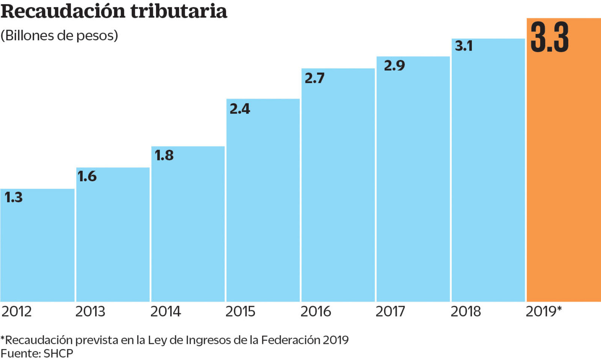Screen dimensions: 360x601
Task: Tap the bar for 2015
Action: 263,203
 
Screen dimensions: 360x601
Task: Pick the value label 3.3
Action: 550,38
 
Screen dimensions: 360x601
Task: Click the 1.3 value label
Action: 14,197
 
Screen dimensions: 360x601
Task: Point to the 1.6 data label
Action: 87,176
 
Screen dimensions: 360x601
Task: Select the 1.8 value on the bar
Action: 164,155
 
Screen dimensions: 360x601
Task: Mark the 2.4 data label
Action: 240,109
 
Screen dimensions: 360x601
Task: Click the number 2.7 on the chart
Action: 314,78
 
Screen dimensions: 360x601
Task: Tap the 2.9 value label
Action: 394,66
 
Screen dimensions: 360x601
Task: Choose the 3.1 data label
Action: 464,46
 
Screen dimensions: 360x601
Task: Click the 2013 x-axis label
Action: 90,312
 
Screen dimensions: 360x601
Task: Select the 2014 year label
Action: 166,312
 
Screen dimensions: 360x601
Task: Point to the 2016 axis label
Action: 316,312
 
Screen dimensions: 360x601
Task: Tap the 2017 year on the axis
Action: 390,312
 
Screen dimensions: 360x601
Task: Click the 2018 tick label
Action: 466,312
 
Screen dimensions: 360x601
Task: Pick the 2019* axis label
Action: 544,312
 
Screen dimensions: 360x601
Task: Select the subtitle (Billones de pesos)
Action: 59,36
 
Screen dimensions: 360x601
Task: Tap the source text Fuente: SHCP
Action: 37,353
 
